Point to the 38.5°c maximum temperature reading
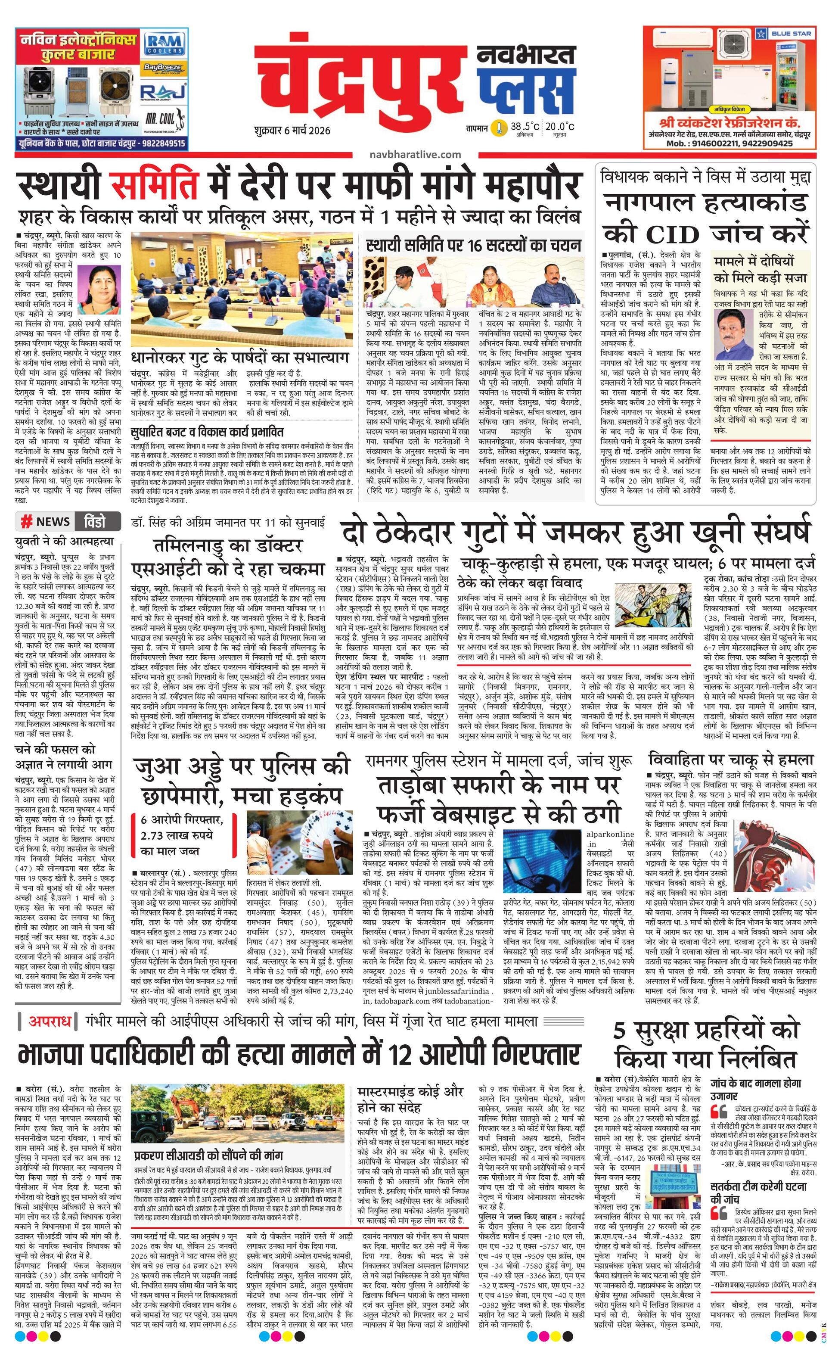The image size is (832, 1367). (x=525, y=127)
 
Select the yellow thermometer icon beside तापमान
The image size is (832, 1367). (x=501, y=128)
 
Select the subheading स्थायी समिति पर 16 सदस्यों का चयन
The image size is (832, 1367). (x=474, y=245)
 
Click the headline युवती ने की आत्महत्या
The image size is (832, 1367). (x=64, y=541)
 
